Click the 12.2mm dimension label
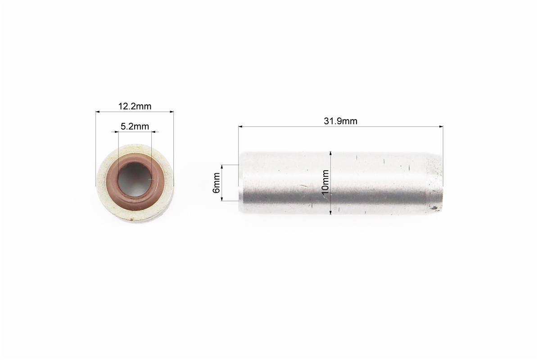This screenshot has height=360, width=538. pyautogui.click(x=135, y=106)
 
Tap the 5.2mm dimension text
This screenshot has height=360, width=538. pyautogui.click(x=135, y=126)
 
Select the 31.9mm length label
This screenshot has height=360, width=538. pyautogui.click(x=340, y=121)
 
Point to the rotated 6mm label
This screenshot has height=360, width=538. pyautogui.click(x=217, y=183)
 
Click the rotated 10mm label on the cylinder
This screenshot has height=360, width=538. pyautogui.click(x=325, y=182)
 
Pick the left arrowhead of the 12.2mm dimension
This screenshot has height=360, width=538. pyautogui.click(x=98, y=112)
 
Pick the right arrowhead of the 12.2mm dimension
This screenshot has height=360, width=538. pyautogui.click(x=172, y=112)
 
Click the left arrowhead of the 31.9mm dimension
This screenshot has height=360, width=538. pyautogui.click(x=240, y=126)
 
